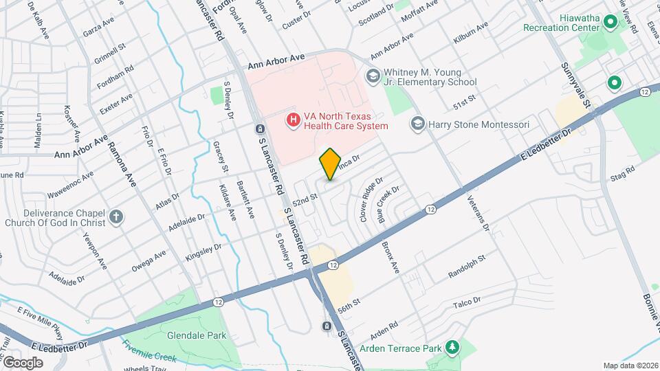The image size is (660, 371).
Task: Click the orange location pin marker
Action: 330,164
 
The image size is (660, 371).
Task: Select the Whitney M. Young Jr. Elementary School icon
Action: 373,75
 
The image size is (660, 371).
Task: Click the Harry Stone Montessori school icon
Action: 417,124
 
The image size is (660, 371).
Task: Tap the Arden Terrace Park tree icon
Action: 452,348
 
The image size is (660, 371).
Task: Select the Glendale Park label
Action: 187,336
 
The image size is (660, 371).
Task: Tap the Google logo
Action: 22,362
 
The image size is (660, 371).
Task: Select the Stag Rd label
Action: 621,173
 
